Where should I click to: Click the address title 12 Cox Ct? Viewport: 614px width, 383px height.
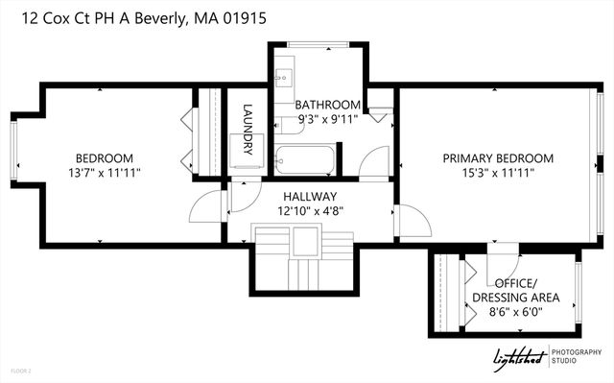(139, 18)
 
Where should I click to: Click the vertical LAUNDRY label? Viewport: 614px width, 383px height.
(247, 129)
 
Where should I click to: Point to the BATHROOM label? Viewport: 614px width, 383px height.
(327, 105)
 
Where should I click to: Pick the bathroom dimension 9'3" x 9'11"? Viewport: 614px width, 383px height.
(327, 119)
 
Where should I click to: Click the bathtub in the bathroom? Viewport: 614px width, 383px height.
(304, 159)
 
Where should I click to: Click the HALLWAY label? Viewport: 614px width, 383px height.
(309, 196)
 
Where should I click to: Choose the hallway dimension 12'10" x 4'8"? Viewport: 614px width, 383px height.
(309, 210)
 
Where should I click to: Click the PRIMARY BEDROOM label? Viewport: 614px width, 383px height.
(498, 158)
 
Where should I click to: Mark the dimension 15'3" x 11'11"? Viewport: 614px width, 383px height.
(498, 173)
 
